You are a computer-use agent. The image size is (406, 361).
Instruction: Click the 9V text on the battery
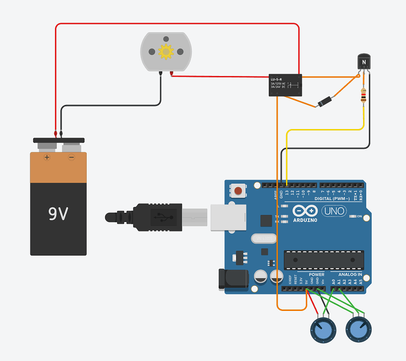click(x=58, y=213)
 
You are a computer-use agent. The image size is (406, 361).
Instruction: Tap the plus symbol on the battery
click(x=47, y=157)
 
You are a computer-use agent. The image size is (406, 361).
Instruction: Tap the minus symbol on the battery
click(x=71, y=157)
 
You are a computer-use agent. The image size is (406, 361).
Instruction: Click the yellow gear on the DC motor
click(x=166, y=51)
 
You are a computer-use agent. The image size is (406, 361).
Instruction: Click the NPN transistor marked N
click(x=365, y=62)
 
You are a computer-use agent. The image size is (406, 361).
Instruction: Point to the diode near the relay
click(x=324, y=102)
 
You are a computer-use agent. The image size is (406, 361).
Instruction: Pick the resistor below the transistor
click(x=363, y=96)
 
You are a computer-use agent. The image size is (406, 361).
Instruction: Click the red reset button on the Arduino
click(x=238, y=192)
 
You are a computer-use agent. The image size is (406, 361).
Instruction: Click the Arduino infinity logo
click(x=305, y=211)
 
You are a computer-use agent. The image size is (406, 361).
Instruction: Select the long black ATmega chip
click(x=323, y=260)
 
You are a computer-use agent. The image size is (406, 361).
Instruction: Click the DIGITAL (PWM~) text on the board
click(x=333, y=198)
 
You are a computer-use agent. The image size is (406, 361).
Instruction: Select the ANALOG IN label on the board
click(x=350, y=274)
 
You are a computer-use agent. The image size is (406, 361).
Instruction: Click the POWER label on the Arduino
click(x=316, y=274)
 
